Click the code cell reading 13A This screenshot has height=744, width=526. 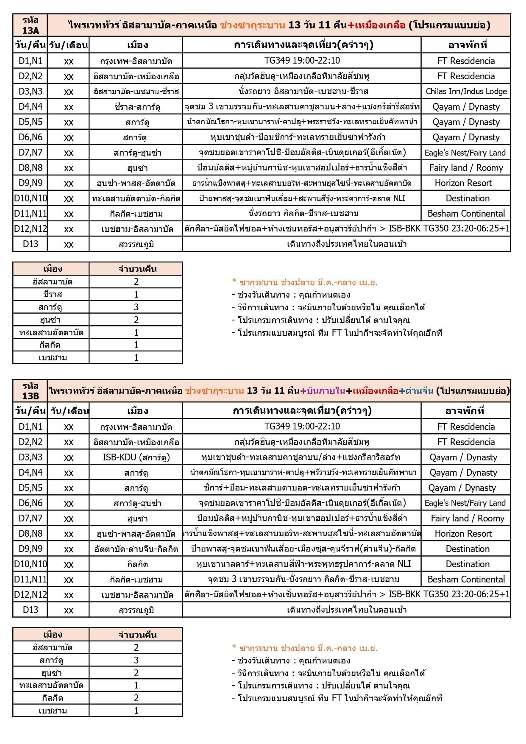pos(30,25)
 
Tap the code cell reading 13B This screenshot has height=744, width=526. pos(30,391)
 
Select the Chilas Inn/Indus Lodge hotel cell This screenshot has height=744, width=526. pos(466,92)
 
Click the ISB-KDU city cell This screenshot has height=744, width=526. pos(136,457)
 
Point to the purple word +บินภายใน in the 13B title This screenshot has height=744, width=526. pos(323,391)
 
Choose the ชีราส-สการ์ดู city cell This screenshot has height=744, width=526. pos(136,107)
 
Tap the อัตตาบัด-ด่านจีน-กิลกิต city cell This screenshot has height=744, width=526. pos(136,549)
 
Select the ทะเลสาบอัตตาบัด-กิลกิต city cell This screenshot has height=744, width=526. pos(136,198)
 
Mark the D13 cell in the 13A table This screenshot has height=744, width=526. pos(30,244)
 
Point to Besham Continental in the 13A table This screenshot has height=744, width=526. pos(466,214)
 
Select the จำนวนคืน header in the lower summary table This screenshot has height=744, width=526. pos(136,635)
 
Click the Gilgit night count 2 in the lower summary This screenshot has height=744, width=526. pos(136,698)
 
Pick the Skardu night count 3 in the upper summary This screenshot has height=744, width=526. pos(136,307)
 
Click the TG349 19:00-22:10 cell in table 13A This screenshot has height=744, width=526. pos(302,61)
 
